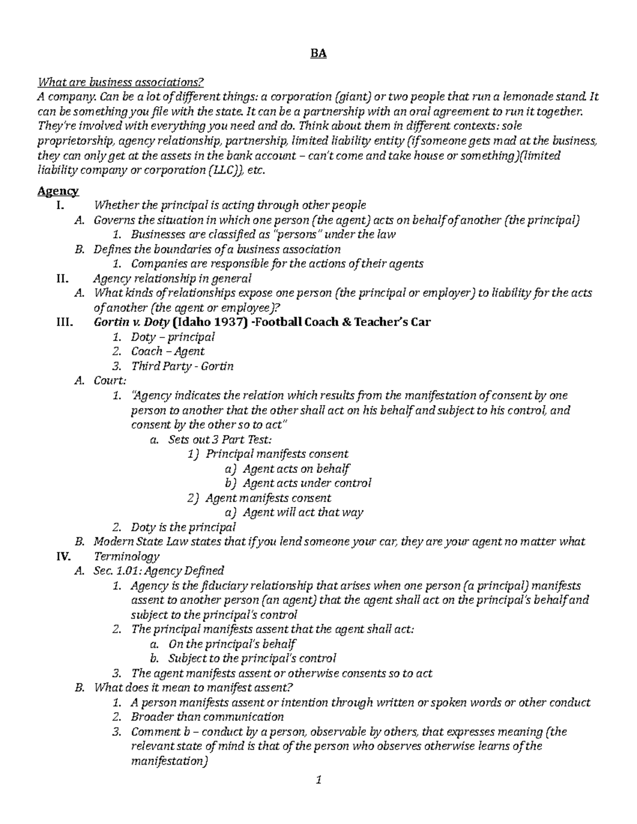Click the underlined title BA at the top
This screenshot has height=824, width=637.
click(x=318, y=54)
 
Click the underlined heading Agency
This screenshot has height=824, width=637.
click(x=58, y=191)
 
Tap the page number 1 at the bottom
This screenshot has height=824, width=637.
click(x=318, y=780)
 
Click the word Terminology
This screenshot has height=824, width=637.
click(x=126, y=557)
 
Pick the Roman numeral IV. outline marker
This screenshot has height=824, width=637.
click(x=63, y=557)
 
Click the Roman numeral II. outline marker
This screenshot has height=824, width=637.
click(x=62, y=279)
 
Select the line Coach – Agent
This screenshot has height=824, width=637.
click(x=168, y=351)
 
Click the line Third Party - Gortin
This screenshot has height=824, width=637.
click(x=182, y=366)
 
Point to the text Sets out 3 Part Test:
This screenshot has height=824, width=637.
click(x=220, y=439)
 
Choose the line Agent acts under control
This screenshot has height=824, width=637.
click(x=307, y=483)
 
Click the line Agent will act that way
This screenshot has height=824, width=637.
click(x=303, y=513)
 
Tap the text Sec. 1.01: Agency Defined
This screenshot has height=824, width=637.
click(x=159, y=571)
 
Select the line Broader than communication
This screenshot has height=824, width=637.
click(x=208, y=717)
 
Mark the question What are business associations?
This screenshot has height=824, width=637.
click(x=120, y=82)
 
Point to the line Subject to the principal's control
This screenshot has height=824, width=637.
click(x=252, y=659)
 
